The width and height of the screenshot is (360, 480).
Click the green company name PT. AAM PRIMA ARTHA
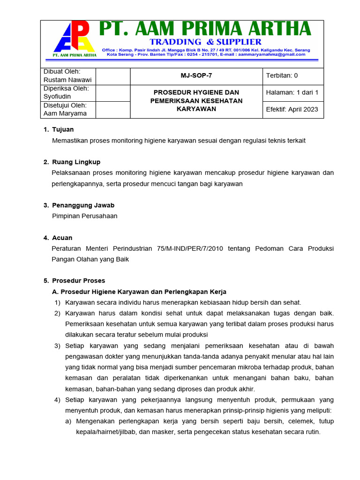tap(205, 30)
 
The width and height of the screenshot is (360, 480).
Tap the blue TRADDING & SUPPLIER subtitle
tap(206, 42)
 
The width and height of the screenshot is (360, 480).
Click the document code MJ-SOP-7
tap(196, 75)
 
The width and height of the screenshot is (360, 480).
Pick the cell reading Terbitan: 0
tap(282, 75)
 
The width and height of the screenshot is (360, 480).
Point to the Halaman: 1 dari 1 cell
tap(292, 92)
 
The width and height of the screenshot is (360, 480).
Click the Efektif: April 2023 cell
tap(292, 109)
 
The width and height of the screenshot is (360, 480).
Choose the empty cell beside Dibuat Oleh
tap(112, 76)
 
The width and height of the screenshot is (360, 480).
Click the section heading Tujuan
tap(63, 129)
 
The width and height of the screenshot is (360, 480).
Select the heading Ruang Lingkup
tap(76, 162)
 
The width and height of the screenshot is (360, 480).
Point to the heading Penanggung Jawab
tap(83, 205)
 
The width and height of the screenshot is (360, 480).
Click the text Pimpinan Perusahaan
tap(84, 216)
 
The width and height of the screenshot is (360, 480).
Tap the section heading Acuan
tap(62, 238)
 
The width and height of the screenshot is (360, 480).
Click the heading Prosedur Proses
tap(78, 281)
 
